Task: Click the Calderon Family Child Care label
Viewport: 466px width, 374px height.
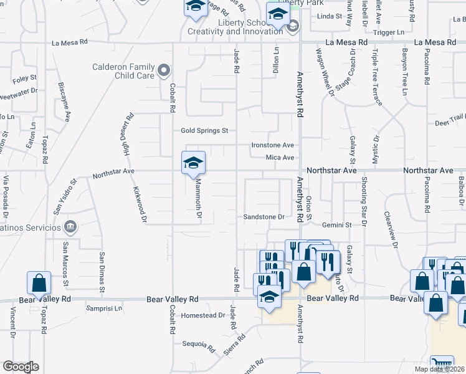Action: (x=123, y=71)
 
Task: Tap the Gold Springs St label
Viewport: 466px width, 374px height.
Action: (x=205, y=131)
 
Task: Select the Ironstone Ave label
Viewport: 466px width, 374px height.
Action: (x=272, y=145)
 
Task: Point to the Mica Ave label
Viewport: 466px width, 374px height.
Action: (x=280, y=158)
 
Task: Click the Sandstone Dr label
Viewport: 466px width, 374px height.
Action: (x=264, y=217)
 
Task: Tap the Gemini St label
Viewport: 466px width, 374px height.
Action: (x=337, y=224)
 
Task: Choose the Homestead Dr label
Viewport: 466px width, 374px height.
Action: (x=203, y=315)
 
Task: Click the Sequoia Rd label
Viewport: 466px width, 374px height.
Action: (x=199, y=344)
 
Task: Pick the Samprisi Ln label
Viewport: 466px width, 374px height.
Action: (x=105, y=308)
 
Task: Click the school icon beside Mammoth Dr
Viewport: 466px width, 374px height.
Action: (x=193, y=164)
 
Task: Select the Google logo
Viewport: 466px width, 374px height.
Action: (x=20, y=367)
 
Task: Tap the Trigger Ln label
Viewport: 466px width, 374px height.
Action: (x=388, y=32)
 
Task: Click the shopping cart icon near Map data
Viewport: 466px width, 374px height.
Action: (x=442, y=364)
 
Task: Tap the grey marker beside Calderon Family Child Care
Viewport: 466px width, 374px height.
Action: (x=164, y=70)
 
